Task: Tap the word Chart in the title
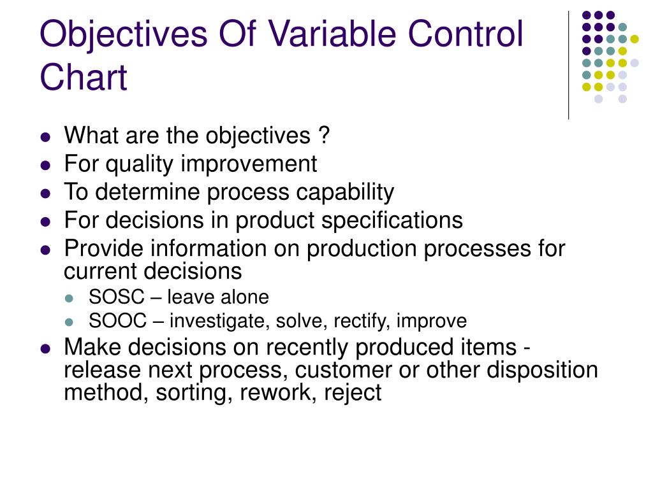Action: coord(84,78)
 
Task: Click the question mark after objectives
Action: coord(324,136)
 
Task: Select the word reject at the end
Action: coord(353,393)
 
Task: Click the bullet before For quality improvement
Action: coord(45,165)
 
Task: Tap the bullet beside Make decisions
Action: coord(45,349)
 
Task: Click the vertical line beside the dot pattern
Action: coord(568,64)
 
